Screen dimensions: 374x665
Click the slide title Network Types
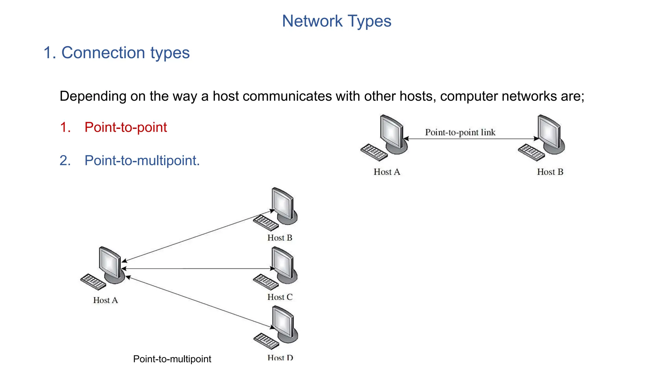(x=336, y=21)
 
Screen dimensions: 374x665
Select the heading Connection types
(x=117, y=53)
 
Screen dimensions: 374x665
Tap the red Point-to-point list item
(x=125, y=127)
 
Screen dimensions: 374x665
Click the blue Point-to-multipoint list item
(x=142, y=161)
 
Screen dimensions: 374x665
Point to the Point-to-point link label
(x=460, y=132)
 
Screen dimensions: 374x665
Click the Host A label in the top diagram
(x=387, y=172)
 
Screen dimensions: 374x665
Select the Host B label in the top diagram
(x=550, y=172)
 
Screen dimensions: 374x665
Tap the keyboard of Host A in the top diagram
(x=374, y=152)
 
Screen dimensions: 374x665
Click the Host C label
(x=280, y=297)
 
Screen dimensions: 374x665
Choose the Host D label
(x=280, y=357)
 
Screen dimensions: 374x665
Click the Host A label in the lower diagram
(x=106, y=300)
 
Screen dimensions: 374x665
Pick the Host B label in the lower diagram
(x=280, y=238)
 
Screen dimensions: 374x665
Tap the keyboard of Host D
(x=266, y=341)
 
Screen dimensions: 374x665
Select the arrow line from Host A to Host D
(x=198, y=302)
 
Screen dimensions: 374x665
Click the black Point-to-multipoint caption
(x=172, y=359)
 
